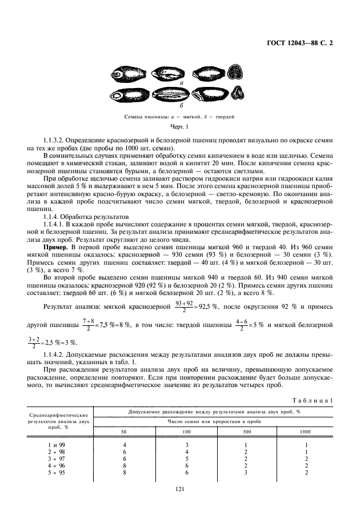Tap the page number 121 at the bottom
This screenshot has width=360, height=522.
pyautogui.click(x=180, y=488)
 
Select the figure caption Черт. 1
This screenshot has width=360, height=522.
pyautogui.click(x=179, y=126)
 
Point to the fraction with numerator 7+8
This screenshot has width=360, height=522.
pyautogui.click(x=88, y=325)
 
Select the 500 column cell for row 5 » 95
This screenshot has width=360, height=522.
pyautogui.click(x=246, y=473)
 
